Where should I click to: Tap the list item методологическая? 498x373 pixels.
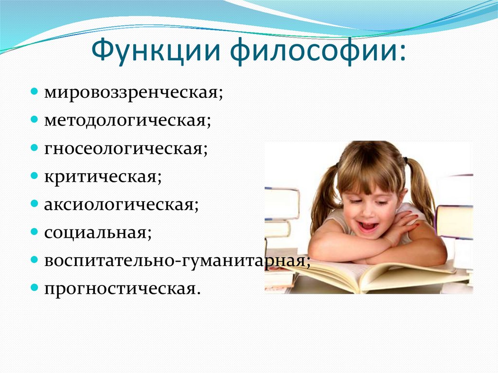pyautogui.click(x=127, y=120)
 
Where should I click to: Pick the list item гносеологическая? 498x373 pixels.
pyautogui.click(x=126, y=148)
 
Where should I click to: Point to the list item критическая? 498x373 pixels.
pyautogui.click(x=103, y=176)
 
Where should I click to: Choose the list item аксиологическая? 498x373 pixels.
pyautogui.click(x=121, y=204)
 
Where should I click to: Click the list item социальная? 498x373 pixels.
pyautogui.click(x=98, y=232)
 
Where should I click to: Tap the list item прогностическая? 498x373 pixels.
pyautogui.click(x=122, y=288)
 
